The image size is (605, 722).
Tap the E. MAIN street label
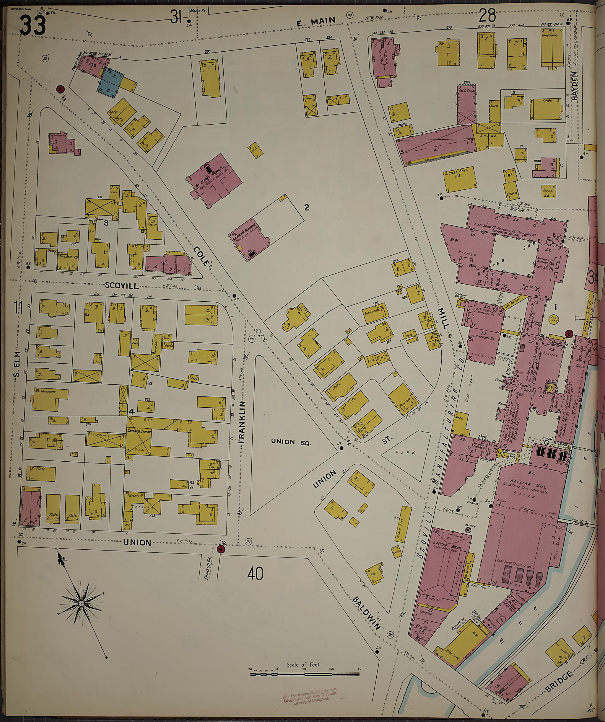pyautogui.click(x=315, y=21)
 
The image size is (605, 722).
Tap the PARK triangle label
pyautogui.click(x=405, y=453)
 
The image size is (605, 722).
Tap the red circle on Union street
pyautogui.click(x=221, y=549)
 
